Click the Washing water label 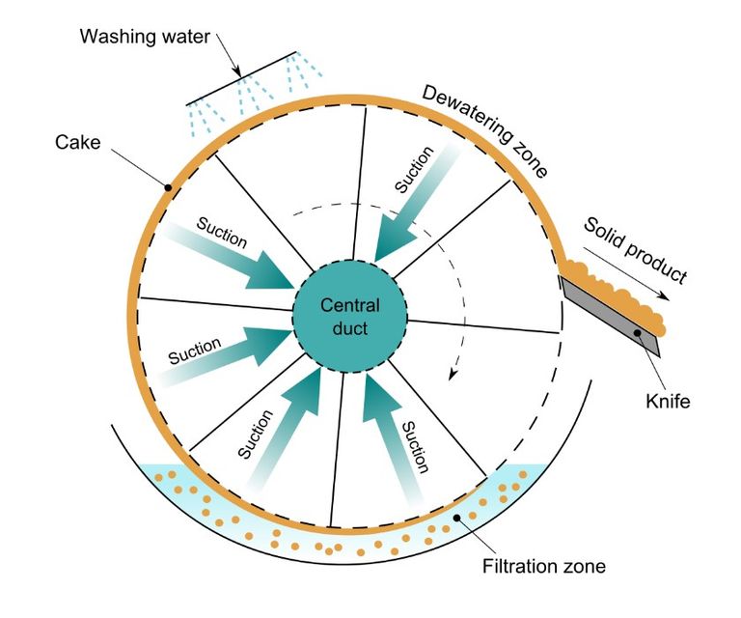(x=146, y=38)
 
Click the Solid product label (x=636, y=250)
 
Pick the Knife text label (x=666, y=401)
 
